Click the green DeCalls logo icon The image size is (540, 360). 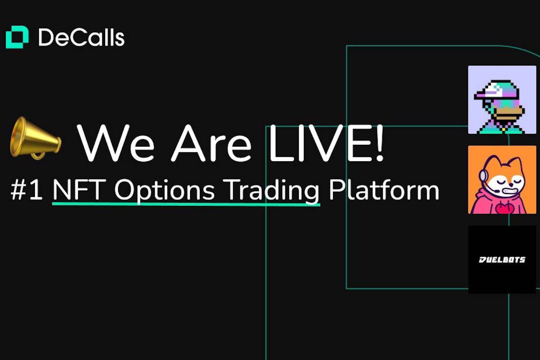click(17, 37)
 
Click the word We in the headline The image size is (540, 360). click(116, 144)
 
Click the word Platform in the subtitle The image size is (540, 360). click(383, 190)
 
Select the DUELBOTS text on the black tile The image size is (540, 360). click(502, 260)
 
